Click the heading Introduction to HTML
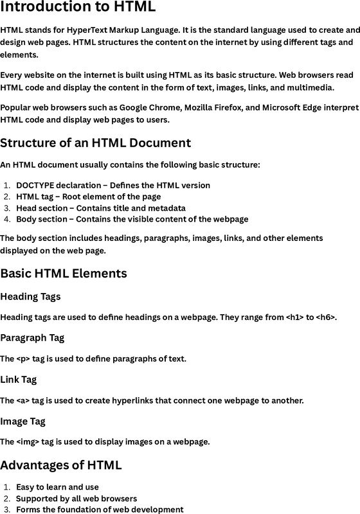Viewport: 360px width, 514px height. pos(78,8)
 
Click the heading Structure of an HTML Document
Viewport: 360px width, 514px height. pos(95,143)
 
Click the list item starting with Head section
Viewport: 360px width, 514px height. pos(101,208)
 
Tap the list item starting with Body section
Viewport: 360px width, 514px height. pos(132,220)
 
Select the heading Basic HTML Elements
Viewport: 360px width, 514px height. pos(64,274)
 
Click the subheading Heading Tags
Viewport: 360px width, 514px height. pos(30,297)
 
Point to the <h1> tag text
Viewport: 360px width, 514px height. pos(296,317)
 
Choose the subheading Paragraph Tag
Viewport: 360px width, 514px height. pos(32,338)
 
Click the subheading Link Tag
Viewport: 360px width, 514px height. pos(18,380)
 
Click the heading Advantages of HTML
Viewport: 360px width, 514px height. pos(60,465)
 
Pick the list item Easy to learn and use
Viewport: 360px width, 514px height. pos(57,487)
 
